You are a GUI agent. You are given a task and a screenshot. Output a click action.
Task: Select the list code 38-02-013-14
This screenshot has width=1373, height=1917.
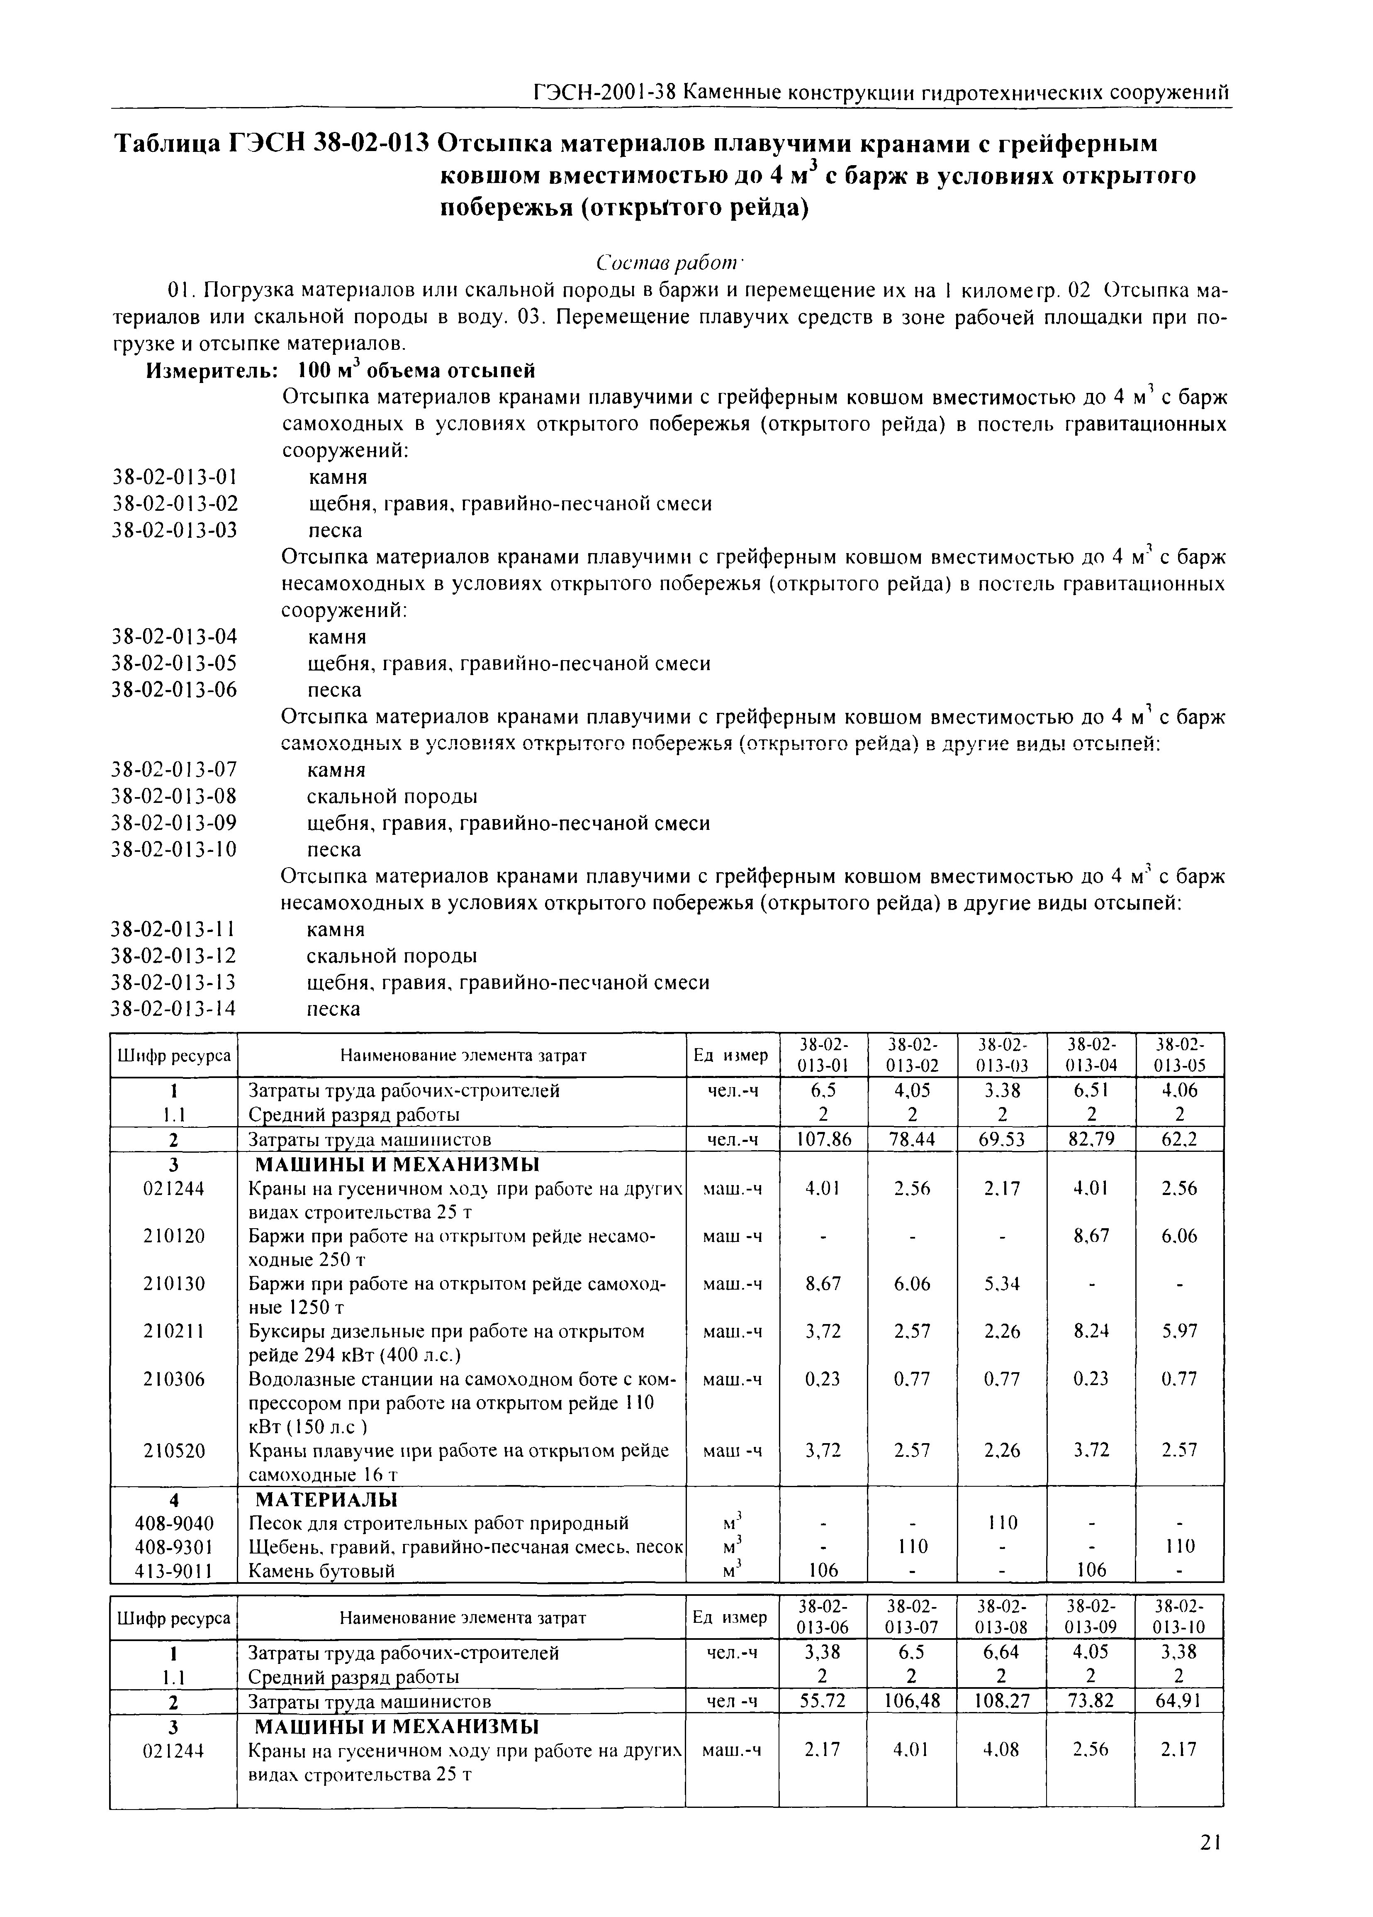(175, 1008)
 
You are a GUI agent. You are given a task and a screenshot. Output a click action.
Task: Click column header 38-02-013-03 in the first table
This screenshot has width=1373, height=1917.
(1001, 1054)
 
